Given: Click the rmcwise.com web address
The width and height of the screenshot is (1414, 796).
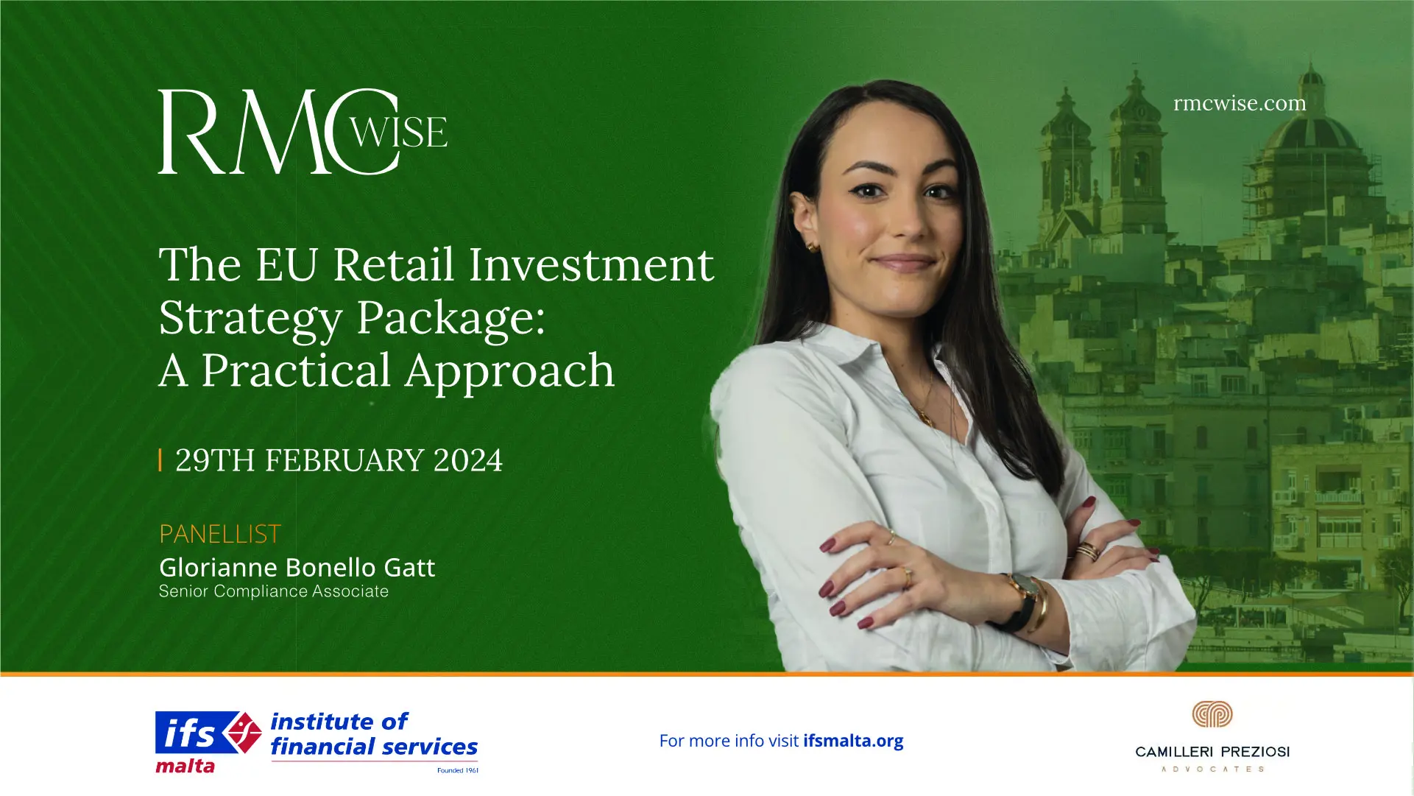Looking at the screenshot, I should click(1240, 104).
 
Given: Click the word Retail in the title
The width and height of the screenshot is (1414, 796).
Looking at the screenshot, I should click(393, 264).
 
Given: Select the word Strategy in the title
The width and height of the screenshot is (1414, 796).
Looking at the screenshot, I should click(251, 318).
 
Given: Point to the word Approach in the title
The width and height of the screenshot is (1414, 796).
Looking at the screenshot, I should click(509, 370).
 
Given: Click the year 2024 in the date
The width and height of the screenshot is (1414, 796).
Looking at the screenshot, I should click(467, 461).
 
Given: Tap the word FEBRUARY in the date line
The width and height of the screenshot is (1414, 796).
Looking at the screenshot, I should click(344, 461).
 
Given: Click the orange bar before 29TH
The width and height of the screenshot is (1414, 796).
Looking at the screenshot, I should click(160, 460).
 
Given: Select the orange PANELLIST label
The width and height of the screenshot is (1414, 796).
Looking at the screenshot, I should click(220, 534).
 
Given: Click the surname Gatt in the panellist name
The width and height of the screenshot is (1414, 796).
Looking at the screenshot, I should click(409, 568).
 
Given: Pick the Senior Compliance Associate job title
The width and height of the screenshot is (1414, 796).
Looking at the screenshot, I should click(274, 591).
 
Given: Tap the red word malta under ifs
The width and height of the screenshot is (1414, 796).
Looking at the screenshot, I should click(185, 767).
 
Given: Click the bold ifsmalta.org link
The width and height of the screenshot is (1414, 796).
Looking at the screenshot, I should click(853, 741).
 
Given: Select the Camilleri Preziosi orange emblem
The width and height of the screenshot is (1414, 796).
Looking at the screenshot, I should click(1212, 714).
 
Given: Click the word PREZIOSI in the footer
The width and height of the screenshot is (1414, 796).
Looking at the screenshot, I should click(1255, 752).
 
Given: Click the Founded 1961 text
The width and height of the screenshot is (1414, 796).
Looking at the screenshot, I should click(457, 770).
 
